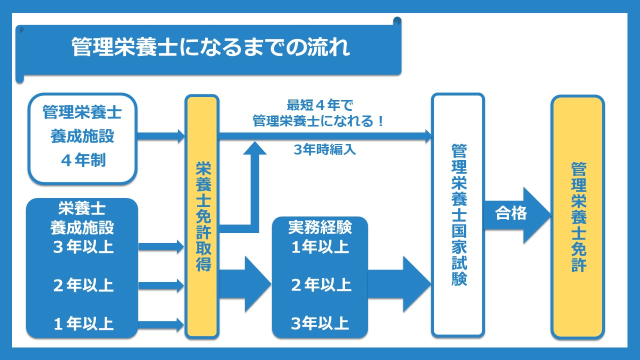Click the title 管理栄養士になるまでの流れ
point(210,47)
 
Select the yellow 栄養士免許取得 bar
point(202,216)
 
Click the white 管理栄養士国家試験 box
point(458,215)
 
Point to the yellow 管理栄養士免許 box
point(578,216)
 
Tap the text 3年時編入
point(325,149)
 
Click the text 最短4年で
point(320,106)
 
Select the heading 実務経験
point(320,227)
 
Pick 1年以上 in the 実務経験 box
point(320,246)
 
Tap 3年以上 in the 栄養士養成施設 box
point(83,246)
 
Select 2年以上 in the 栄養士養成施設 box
point(83,285)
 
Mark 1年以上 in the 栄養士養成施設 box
point(83,324)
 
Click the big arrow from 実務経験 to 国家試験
point(400,285)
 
